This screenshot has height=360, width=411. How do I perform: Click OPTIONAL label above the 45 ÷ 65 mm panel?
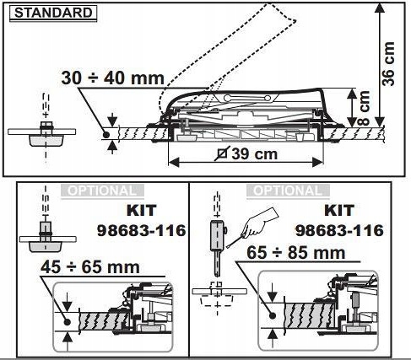point(100,191)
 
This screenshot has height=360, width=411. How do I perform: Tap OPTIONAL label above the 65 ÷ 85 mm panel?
point(284,191)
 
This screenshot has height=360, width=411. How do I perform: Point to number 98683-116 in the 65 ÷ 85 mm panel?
point(339,230)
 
